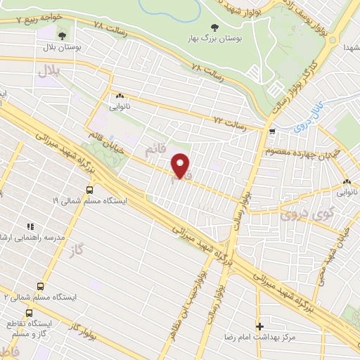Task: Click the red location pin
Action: (181, 166)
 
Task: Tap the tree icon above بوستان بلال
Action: (63, 35)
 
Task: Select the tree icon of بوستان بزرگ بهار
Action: (214, 28)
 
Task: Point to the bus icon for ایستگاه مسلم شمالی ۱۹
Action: (89, 190)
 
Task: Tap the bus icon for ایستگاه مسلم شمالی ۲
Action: (40, 287)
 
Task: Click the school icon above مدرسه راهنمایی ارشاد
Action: (30, 226)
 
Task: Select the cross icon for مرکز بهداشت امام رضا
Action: (260, 326)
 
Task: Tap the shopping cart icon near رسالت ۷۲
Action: (272, 131)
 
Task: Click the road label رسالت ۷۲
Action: (232, 122)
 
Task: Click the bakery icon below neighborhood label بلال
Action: (120, 96)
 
